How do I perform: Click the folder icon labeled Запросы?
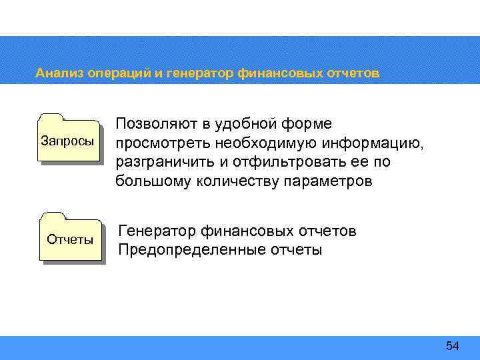coord(69,139)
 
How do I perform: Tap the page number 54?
coord(453,345)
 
